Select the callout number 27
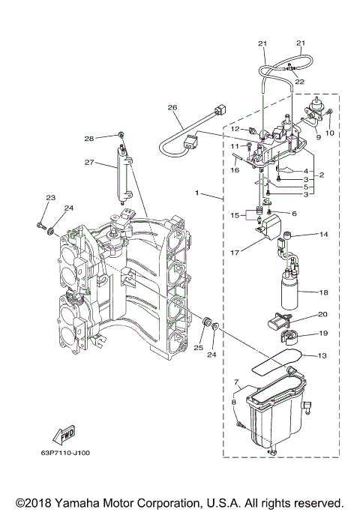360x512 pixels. [x=90, y=163]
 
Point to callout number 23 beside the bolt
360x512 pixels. [x=50, y=198]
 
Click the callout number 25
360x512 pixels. [x=198, y=347]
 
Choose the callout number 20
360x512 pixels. [x=322, y=315]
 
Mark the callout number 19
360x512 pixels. [x=322, y=333]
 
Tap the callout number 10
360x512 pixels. [x=331, y=133]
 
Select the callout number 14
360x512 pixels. [x=323, y=235]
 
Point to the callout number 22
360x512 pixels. [x=300, y=81]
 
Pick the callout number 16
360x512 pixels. [x=234, y=171]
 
